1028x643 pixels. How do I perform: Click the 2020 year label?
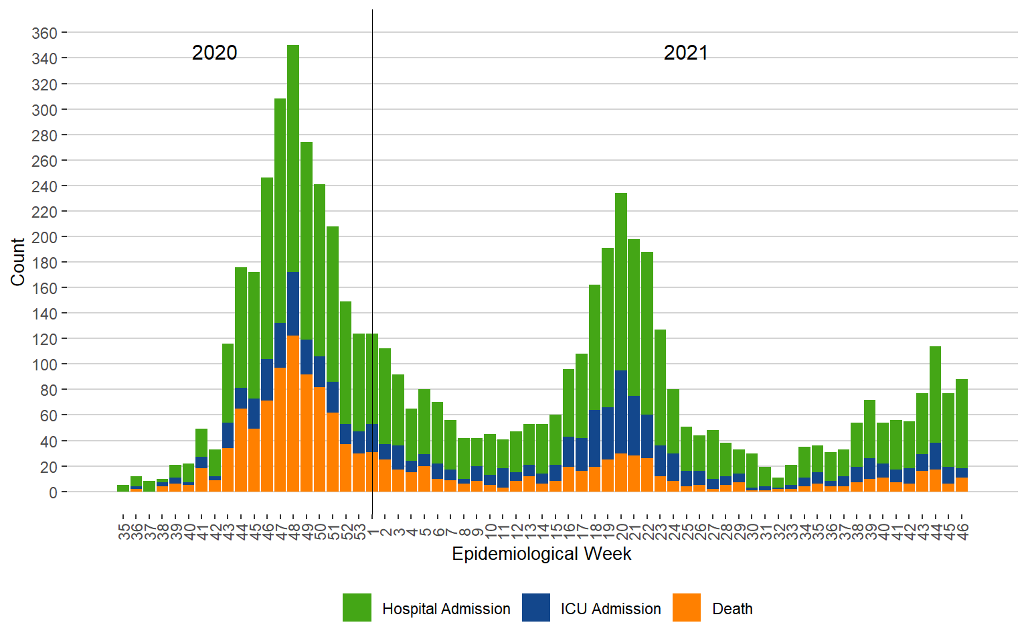click(x=214, y=53)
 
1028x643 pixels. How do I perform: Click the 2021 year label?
click(x=685, y=53)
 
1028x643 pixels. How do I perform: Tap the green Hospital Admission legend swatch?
click(x=357, y=608)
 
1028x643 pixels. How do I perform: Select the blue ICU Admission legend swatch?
click(x=536, y=608)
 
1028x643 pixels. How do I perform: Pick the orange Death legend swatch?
click(x=687, y=608)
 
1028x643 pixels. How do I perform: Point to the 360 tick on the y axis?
click(x=44, y=33)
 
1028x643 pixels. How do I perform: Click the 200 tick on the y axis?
click(x=44, y=237)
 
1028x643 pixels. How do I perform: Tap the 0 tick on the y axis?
click(x=53, y=492)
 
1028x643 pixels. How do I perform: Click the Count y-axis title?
click(x=17, y=262)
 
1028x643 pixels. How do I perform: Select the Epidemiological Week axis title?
click(x=541, y=554)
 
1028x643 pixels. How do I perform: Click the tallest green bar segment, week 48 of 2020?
click(x=293, y=158)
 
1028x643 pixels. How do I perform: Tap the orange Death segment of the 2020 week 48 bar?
click(x=293, y=414)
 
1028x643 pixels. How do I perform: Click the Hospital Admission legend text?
click(x=446, y=609)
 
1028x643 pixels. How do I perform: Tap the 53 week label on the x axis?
click(x=360, y=532)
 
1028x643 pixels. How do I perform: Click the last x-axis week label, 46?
click(x=962, y=532)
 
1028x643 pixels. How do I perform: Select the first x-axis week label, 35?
click(x=124, y=532)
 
